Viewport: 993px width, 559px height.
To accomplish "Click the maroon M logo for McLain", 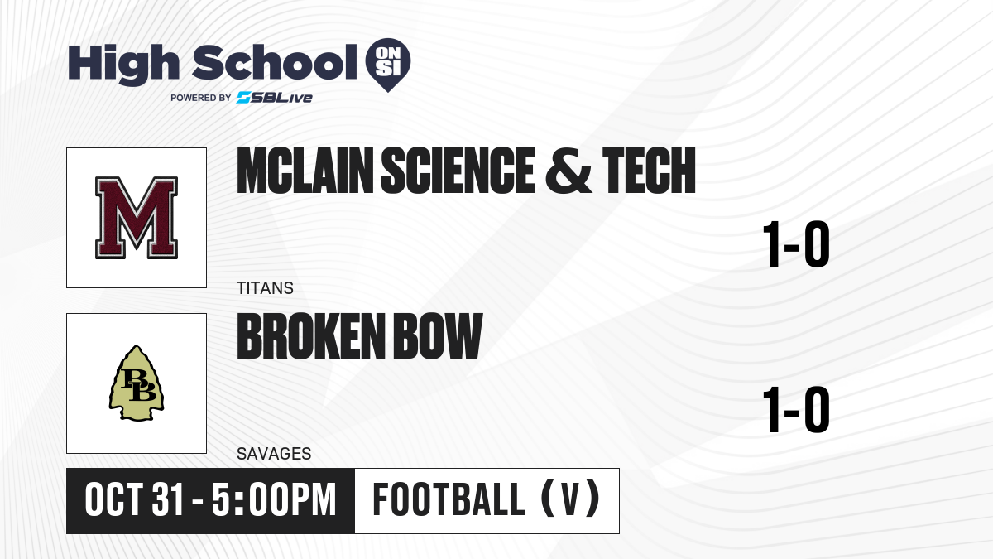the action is click(x=137, y=217).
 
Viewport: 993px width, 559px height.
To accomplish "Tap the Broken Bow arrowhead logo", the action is click(x=137, y=383).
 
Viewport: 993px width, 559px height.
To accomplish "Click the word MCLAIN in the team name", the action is click(x=305, y=171).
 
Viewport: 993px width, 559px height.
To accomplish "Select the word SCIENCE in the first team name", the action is click(x=458, y=171).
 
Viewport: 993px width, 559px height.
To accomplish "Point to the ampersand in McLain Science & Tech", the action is click(x=568, y=171).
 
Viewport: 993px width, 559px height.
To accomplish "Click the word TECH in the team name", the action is click(x=649, y=171).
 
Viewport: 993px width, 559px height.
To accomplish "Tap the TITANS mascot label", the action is click(x=265, y=288).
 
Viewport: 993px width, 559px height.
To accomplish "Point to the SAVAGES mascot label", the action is click(x=274, y=454).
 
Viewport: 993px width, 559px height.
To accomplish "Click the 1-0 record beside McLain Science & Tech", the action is click(x=796, y=244).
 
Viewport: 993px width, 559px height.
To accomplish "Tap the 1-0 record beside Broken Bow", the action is click(x=796, y=409).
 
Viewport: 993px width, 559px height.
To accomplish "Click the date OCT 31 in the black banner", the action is click(x=134, y=500).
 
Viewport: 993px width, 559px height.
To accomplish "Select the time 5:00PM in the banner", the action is click(x=274, y=500).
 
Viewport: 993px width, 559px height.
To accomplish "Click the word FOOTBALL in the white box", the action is click(x=449, y=500).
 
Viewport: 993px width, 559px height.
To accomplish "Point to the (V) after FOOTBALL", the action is click(x=570, y=500).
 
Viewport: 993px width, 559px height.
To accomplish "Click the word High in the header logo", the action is click(x=123, y=64).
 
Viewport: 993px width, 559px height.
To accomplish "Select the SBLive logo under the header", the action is click(x=275, y=98).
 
